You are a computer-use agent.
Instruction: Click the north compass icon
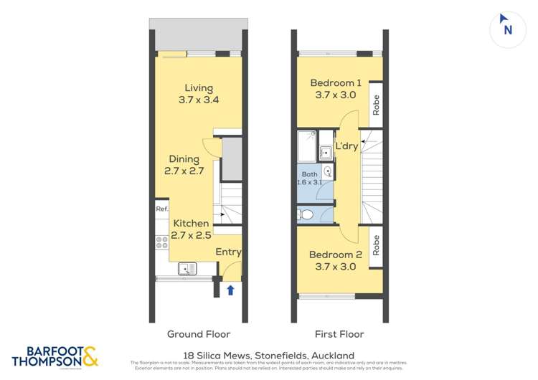pyautogui.click(x=508, y=27)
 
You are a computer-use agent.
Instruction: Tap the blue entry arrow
pyautogui.click(x=230, y=290)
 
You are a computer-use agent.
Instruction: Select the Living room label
pyautogui.click(x=199, y=94)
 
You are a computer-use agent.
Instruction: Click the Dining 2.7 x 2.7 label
pyautogui.click(x=185, y=165)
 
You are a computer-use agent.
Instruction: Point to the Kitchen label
pyautogui.click(x=191, y=229)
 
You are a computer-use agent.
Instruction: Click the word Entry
pyautogui.click(x=229, y=252)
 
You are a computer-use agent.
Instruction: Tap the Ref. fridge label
pyautogui.click(x=161, y=209)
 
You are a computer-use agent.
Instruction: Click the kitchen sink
pyautogui.click(x=188, y=269)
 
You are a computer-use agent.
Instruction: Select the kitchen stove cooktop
pyautogui.click(x=161, y=244)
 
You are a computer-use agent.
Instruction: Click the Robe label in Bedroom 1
pyautogui.click(x=376, y=105)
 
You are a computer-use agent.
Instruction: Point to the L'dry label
pyautogui.click(x=346, y=147)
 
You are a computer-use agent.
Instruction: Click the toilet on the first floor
pyautogui.click(x=307, y=214)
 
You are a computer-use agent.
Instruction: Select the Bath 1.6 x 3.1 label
pyautogui.click(x=309, y=178)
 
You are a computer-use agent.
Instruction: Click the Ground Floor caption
pyautogui.click(x=199, y=334)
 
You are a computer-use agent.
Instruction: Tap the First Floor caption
pyautogui.click(x=339, y=334)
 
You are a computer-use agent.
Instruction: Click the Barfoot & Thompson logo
pyautogui.click(x=55, y=356)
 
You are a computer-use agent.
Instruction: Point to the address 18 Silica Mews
pyautogui.click(x=268, y=356)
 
